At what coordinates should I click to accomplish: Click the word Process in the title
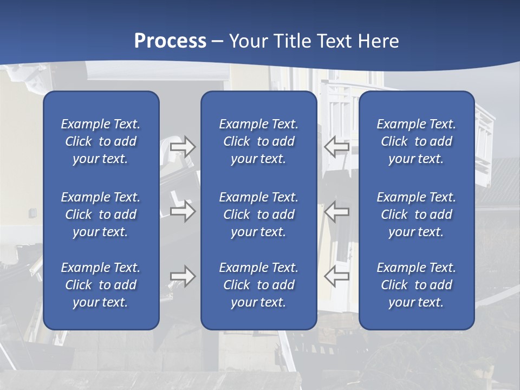click(170, 41)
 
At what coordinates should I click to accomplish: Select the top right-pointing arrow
click(183, 147)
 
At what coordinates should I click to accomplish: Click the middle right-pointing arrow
click(183, 211)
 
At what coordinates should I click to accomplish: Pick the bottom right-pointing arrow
click(183, 276)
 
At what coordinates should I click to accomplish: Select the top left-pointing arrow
click(336, 147)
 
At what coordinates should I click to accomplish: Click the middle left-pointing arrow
click(336, 211)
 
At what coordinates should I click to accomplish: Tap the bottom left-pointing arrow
click(336, 276)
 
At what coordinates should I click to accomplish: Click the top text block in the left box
click(101, 141)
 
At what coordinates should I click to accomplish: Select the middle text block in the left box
click(101, 214)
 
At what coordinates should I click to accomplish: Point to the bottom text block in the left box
click(101, 285)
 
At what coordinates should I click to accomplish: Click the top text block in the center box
click(258, 141)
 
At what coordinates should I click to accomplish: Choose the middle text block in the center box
click(258, 214)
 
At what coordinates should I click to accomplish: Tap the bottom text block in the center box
click(258, 285)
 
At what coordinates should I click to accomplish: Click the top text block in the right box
click(416, 141)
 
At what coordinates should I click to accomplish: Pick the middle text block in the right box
click(416, 214)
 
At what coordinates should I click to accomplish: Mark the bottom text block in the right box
click(416, 285)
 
